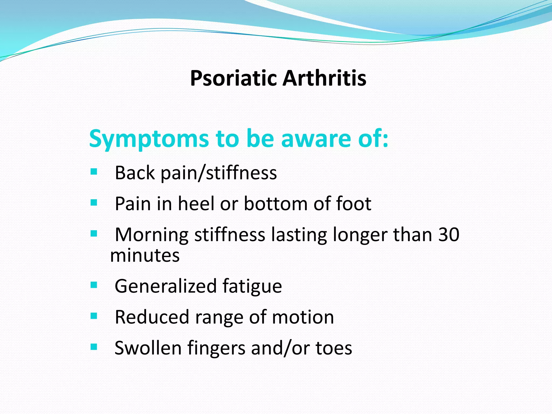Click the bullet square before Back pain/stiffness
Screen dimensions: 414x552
coord(94,172)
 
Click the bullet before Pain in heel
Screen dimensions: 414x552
coord(94,202)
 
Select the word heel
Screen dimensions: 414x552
coord(196,204)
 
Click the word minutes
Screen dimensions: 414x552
coord(145,255)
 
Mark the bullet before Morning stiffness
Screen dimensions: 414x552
coord(94,233)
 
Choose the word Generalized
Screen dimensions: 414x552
coord(165,287)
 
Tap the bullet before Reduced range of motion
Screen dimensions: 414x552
coord(94,316)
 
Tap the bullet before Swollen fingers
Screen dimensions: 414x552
coord(94,347)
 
